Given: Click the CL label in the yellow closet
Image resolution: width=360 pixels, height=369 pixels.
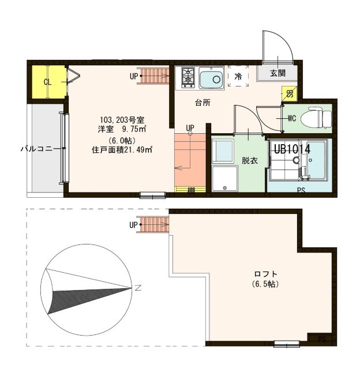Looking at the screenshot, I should [48, 82].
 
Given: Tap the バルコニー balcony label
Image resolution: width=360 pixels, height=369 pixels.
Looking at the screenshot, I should [39, 148].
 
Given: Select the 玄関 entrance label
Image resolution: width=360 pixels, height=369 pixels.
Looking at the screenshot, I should [277, 73].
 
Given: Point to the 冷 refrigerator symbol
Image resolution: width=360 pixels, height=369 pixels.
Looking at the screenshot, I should [237, 76].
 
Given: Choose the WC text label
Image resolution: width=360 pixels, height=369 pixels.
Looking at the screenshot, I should [292, 119].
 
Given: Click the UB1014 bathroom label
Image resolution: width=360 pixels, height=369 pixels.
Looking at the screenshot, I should [292, 149].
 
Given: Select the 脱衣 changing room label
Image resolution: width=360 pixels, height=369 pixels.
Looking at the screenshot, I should [249, 160].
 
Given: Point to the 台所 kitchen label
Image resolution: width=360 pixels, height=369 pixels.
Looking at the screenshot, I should [202, 103].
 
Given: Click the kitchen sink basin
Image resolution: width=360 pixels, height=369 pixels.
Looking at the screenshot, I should [212, 78].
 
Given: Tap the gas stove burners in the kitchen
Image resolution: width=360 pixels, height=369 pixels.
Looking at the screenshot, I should [188, 77].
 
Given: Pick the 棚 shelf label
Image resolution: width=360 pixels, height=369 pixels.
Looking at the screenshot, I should [190, 190].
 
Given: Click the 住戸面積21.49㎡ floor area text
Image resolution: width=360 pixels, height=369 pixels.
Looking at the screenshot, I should [122, 150].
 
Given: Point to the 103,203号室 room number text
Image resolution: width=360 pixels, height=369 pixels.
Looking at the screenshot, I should [121, 119].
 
